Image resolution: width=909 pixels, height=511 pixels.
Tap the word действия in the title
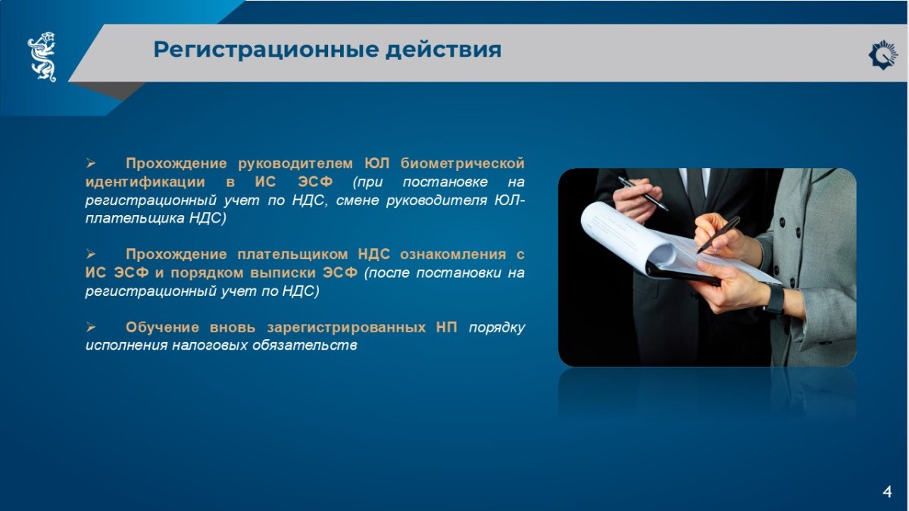point(444,50)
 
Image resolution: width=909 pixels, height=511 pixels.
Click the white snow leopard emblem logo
point(42,57)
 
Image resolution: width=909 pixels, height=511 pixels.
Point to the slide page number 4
point(887,492)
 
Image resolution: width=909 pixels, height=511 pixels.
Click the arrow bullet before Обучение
point(90,327)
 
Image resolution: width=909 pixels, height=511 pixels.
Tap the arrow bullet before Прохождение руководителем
point(90,164)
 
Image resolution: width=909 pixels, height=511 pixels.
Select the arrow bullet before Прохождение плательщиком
point(90,254)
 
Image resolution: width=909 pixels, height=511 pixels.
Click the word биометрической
point(462,164)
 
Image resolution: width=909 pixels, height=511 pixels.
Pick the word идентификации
point(145,182)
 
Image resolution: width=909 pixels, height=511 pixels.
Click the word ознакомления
point(453,254)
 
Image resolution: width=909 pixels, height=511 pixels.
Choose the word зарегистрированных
point(346,327)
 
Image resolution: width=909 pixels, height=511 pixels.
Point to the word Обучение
point(162,327)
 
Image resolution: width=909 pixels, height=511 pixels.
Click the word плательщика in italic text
point(136,218)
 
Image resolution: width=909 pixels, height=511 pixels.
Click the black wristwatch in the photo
point(774,299)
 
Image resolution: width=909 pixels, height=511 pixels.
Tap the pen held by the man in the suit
point(643,194)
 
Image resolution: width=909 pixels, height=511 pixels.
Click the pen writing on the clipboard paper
point(718,235)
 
